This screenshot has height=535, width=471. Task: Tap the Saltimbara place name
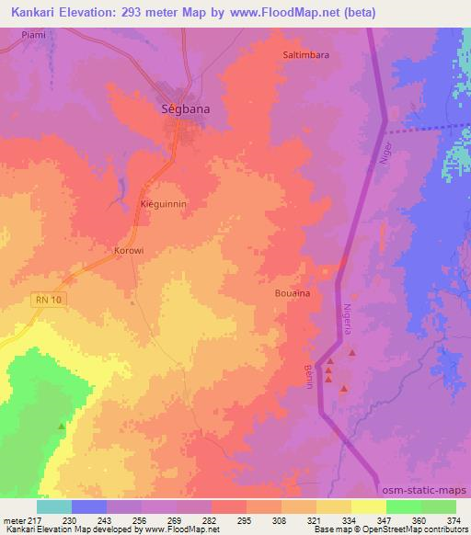pyautogui.click(x=305, y=54)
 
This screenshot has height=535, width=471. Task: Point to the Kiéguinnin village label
pyautogui.click(x=163, y=203)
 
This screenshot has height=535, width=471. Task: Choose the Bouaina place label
pyautogui.click(x=291, y=293)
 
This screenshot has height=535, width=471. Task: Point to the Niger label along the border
pyautogui.click(x=386, y=153)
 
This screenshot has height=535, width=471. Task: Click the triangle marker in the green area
pyautogui.click(x=62, y=426)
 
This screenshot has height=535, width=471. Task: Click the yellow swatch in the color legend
pyautogui.click(x=368, y=507)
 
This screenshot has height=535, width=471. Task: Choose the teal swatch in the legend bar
pyautogui.click(x=54, y=507)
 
